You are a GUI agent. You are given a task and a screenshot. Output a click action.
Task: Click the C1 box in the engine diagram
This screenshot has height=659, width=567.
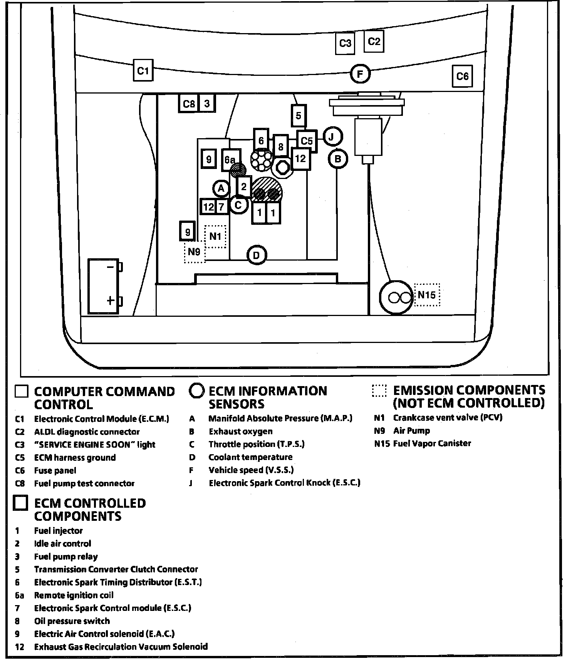pos(143,70)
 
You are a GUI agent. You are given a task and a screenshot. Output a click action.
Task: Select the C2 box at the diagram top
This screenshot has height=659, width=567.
pos(374,41)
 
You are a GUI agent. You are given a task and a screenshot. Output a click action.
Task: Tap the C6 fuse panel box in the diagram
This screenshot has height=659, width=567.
pos(462,76)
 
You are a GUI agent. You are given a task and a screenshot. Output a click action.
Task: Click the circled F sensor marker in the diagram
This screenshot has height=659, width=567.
pos(360,74)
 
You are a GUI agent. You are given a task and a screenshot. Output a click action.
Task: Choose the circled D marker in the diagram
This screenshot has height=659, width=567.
pos(257,255)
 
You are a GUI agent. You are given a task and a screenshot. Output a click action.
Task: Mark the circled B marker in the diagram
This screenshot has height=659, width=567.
pos(338,159)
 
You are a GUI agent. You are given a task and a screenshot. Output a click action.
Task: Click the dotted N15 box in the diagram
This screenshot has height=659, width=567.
pos(427,295)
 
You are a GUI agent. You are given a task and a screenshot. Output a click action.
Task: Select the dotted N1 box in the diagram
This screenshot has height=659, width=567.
pos(215,236)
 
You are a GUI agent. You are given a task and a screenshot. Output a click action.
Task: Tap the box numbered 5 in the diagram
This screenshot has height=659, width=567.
pos(299,115)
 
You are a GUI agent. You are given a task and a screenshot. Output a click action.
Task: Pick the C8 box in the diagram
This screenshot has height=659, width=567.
pos(189,103)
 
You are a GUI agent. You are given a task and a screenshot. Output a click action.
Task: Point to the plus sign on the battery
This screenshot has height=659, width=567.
pos(111,300)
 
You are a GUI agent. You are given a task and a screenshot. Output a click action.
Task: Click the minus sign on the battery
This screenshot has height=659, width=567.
pos(111,267)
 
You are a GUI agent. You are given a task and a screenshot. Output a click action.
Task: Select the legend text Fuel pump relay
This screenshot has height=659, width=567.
pos(66,557)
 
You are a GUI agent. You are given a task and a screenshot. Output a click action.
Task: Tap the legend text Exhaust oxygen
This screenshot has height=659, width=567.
pos(240,432)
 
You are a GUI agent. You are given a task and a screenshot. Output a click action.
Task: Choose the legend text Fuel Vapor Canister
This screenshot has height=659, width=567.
pos(432,443)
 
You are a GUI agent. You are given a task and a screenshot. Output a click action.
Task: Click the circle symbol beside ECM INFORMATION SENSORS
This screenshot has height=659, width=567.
pos(196,391)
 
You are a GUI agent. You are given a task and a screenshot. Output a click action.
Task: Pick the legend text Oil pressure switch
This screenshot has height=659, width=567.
pos(72,621)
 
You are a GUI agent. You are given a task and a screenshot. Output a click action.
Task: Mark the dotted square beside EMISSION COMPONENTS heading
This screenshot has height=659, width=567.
pos(379,390)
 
